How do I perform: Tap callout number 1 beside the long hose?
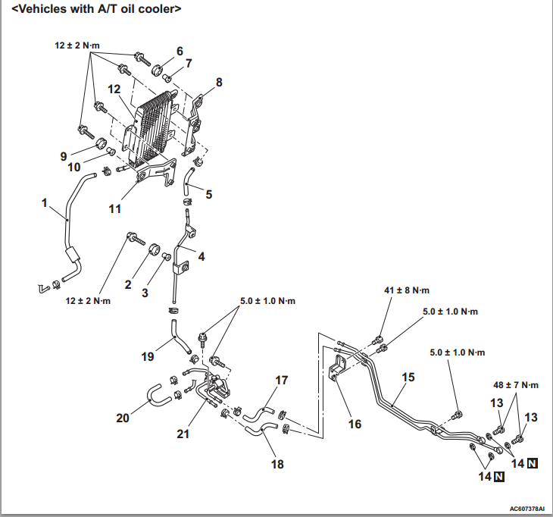tap(45, 203)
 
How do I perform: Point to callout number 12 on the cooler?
tap(114, 89)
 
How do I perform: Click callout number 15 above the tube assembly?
tap(408, 376)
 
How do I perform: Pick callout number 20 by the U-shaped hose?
tap(122, 417)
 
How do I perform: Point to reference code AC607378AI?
tap(526, 509)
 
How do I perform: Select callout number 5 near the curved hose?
tap(208, 194)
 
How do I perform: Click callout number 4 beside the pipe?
tap(201, 256)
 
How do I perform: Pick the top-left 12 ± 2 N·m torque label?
tap(77, 46)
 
